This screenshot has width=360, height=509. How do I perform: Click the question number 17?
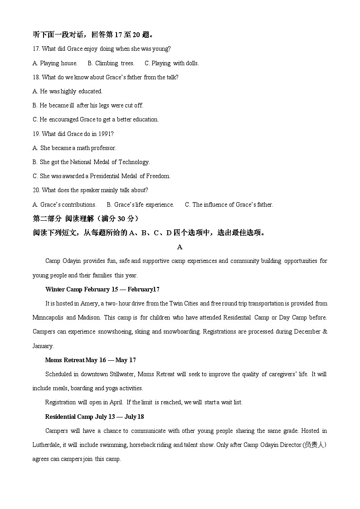tap(36, 49)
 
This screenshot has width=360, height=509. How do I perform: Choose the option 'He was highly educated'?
tap(68, 91)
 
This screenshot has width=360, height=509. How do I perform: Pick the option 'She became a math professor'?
tap(74, 148)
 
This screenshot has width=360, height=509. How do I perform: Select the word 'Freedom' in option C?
tap(159, 176)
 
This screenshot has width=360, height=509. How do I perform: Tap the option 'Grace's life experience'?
tap(140, 204)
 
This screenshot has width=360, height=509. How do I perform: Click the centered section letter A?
tap(180, 247)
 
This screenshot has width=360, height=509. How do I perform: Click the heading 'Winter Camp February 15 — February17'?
tap(102, 289)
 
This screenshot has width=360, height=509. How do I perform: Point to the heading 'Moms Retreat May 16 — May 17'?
tap(91, 360)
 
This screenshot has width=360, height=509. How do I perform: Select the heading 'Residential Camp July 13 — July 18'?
tap(94, 417)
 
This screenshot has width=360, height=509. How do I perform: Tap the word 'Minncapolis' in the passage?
tap(48, 317)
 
